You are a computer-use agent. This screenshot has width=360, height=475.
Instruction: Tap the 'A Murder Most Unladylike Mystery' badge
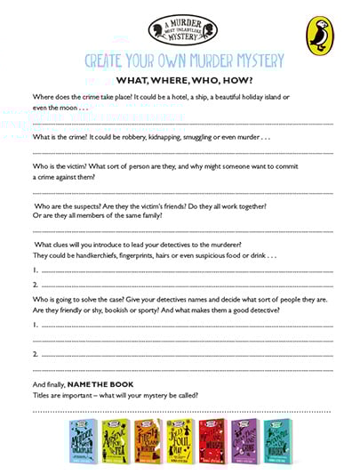point(180,29)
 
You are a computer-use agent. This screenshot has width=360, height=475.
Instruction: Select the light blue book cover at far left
point(84,439)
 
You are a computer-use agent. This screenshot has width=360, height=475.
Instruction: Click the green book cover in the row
point(116,439)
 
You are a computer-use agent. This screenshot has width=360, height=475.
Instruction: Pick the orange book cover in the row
point(148,439)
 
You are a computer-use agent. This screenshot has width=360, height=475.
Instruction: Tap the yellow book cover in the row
point(180,439)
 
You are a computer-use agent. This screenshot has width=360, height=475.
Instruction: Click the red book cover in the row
point(212,439)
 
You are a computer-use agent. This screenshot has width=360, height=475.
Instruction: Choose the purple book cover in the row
point(244,439)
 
